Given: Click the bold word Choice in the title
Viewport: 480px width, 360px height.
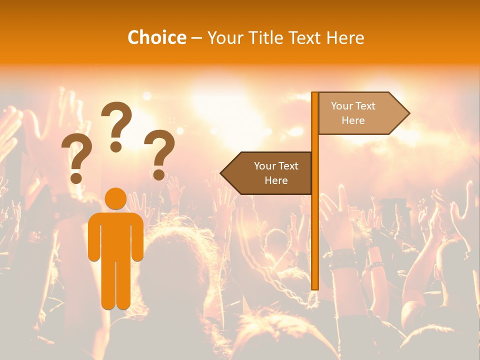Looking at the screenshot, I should [156, 37].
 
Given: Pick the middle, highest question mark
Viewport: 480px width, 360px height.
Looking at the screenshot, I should [116, 125].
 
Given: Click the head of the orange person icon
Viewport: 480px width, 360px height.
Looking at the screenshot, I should [115, 198].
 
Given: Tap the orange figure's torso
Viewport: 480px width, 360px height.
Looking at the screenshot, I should [115, 235].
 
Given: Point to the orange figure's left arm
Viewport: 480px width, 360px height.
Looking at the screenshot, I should [93, 237].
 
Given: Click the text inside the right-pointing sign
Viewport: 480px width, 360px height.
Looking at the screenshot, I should [353, 113].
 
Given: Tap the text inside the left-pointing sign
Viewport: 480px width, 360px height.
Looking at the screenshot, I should [276, 173].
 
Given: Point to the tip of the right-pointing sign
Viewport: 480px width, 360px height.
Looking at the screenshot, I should [407, 113].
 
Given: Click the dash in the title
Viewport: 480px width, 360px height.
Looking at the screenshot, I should [196, 37].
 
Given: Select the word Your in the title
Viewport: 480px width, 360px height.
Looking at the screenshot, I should [225, 37].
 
